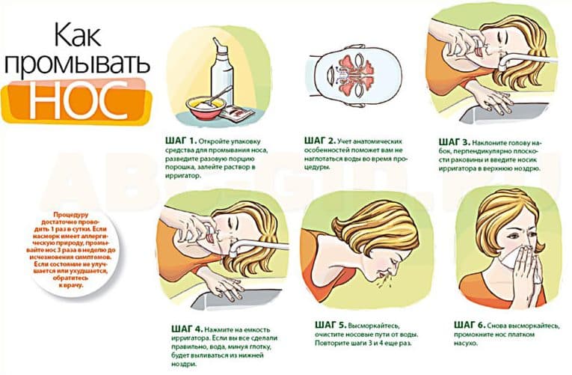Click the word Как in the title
(78, 34)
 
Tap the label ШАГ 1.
(181, 141)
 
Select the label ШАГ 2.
(319, 141)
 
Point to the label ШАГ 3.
(454, 141)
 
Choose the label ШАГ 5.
(330, 325)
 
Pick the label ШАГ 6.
(470, 325)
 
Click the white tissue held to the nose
(516, 258)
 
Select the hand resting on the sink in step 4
(223, 285)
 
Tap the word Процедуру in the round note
(71, 215)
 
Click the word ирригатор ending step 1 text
(182, 176)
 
